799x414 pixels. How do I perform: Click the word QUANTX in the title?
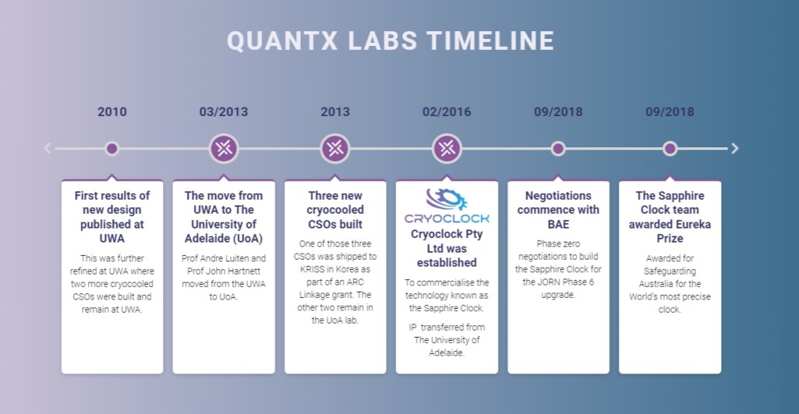point(282,41)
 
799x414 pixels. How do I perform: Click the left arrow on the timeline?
point(48,149)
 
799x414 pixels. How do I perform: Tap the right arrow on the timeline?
point(735,149)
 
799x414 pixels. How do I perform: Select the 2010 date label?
point(112,112)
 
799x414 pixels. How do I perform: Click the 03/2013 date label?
point(224,112)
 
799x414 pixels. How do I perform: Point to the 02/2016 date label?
point(447,112)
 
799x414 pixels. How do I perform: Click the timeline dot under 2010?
point(112,149)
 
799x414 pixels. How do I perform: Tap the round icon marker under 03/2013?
point(224,149)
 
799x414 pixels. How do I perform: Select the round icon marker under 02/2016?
point(447,149)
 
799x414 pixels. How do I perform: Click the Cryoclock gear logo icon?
point(447,200)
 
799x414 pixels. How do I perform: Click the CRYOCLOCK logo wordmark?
point(447,218)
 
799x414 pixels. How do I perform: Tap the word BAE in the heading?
point(559,225)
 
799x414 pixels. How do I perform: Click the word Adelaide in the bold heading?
point(208,239)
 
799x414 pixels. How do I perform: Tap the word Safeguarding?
point(669,271)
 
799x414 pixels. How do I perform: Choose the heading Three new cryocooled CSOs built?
point(336,210)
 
